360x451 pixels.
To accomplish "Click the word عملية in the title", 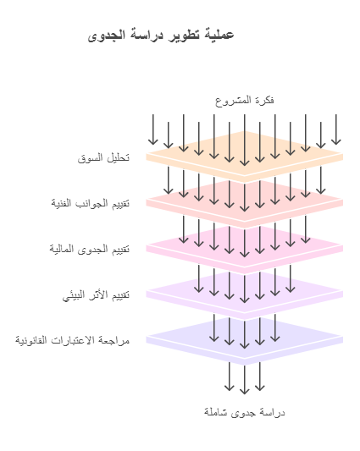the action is pyautogui.click(x=219, y=35).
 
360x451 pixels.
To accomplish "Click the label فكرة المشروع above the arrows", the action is pyautogui.click(x=245, y=101).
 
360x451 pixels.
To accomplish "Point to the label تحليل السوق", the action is pyautogui.click(x=103, y=157).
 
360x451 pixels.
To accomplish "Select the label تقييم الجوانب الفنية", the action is pyautogui.click(x=91, y=203).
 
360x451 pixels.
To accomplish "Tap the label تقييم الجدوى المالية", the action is pyautogui.click(x=90, y=249).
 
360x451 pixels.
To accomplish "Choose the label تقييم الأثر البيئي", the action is pyautogui.click(x=97, y=294).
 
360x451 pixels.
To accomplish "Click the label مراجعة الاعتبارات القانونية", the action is pyautogui.click(x=73, y=340).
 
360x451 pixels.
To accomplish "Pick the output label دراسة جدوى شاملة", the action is pyautogui.click(x=245, y=412).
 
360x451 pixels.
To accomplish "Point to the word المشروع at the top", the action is pyautogui.click(x=230, y=101).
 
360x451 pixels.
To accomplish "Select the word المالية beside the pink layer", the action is pyautogui.click(x=61, y=249).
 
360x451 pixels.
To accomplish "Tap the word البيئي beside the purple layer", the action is pyautogui.click(x=74, y=295).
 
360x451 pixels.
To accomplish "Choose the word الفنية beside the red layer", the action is pyautogui.click(x=61, y=203).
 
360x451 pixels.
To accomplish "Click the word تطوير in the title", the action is pyautogui.click(x=185, y=35).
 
